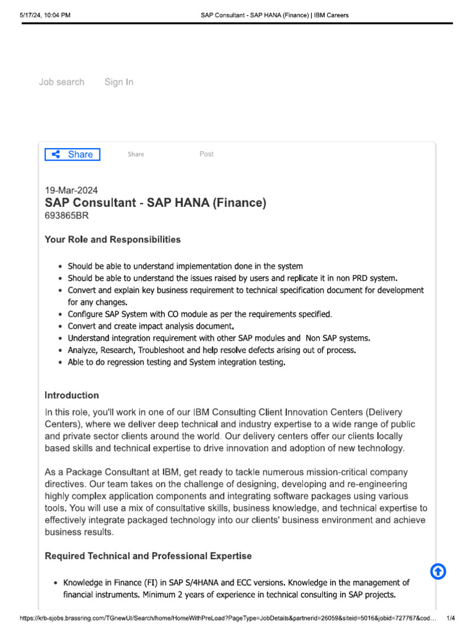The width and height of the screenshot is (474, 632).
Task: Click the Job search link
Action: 61,82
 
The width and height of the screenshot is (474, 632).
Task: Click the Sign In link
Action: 118,82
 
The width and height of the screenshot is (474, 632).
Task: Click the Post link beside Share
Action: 206,154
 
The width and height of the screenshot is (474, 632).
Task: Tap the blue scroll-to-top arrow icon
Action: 438,572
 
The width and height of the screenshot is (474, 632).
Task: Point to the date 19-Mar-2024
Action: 71,191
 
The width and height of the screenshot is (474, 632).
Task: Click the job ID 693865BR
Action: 67,216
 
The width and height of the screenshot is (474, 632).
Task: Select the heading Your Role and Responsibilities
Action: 112,239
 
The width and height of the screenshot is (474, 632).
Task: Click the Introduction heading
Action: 72,395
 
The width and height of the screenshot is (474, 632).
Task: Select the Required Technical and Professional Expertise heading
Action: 148,556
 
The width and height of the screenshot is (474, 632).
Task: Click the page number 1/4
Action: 451,618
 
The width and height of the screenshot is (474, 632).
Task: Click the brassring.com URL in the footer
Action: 228,618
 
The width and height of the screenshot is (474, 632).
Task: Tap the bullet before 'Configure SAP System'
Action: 59,315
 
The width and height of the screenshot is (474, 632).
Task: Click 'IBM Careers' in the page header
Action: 331,15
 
